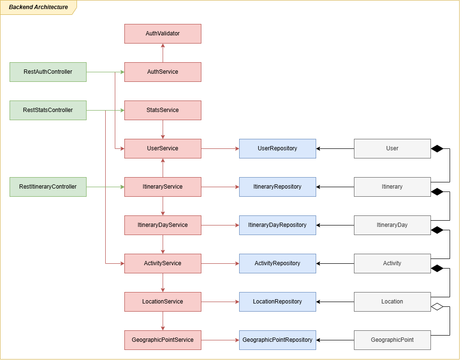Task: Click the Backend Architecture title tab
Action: (x=38, y=8)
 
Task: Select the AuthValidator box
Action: (x=163, y=34)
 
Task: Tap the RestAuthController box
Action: (x=48, y=72)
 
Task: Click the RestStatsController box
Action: (x=48, y=110)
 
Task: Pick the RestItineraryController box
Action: (x=48, y=187)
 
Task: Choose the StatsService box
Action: (x=163, y=110)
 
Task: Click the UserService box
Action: (x=163, y=148)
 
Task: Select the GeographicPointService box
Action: (x=163, y=340)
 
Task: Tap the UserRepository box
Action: (x=277, y=148)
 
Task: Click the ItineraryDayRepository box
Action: (x=277, y=225)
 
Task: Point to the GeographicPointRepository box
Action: (x=277, y=340)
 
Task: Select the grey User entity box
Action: (x=392, y=148)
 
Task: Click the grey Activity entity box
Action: (x=392, y=263)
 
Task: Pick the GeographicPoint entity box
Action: (x=392, y=340)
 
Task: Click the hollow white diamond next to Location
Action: (x=437, y=306)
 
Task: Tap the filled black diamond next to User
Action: (x=437, y=149)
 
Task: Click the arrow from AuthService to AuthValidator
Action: (x=163, y=53)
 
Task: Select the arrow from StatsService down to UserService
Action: (x=163, y=129)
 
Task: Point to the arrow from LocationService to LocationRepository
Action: (x=220, y=302)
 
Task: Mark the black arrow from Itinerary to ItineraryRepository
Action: (x=335, y=187)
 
